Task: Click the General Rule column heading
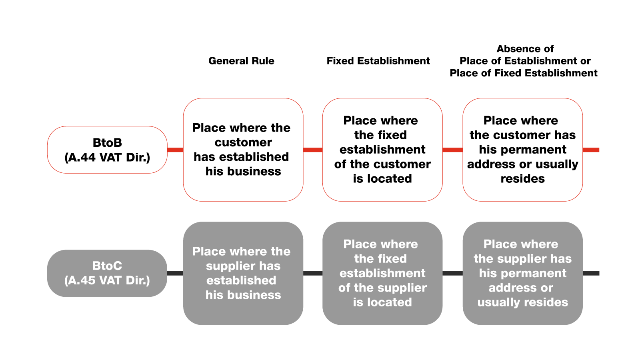[x=241, y=61]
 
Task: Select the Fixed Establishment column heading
[x=378, y=61]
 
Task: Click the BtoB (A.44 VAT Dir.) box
[x=107, y=150]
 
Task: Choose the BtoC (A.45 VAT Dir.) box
[x=107, y=273]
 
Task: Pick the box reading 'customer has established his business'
[x=243, y=150]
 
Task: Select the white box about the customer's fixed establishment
[x=382, y=150]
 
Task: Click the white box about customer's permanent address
[x=522, y=150]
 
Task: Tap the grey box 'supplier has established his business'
[x=243, y=273]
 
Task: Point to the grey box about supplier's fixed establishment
[x=382, y=273]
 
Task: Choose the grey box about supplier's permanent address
[x=522, y=273]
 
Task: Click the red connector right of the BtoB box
[x=175, y=150]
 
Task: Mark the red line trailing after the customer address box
[x=591, y=150]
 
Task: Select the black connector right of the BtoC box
[x=175, y=273]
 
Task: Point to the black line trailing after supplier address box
[x=591, y=273]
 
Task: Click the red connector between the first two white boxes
[x=313, y=150]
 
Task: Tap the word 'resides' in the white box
[x=522, y=179]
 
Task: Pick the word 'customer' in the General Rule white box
[x=243, y=142]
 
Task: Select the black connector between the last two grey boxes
[x=452, y=273]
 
